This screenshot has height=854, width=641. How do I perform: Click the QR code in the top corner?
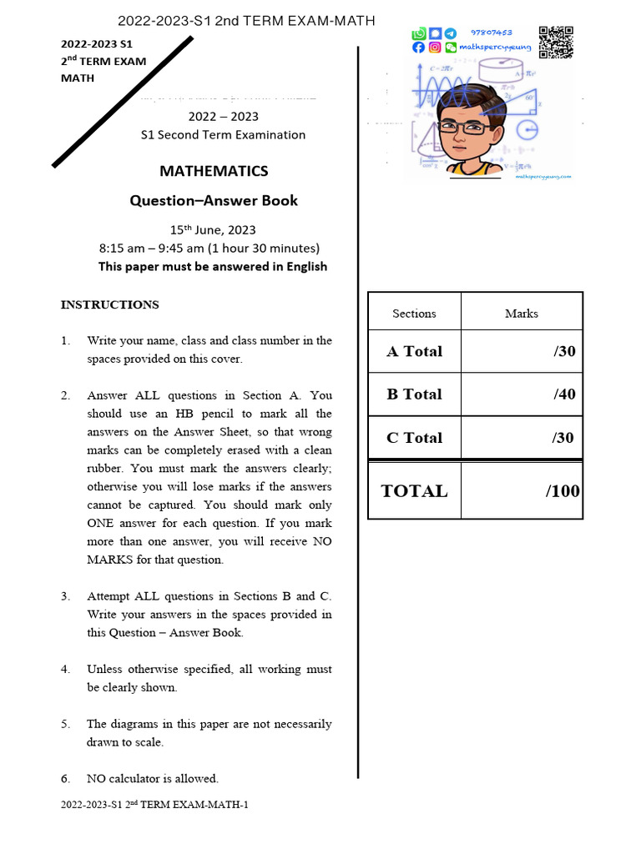tap(555, 42)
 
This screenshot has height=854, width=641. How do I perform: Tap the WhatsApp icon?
tap(419, 33)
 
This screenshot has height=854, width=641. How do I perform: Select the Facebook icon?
tap(419, 48)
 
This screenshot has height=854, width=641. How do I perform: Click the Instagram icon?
tap(435, 48)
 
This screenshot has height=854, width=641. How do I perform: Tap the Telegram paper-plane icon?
tap(451, 33)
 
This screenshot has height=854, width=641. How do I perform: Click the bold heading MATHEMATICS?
tap(214, 171)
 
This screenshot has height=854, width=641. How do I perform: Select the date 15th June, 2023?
tap(213, 229)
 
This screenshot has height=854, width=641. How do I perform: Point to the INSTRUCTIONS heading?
tap(109, 304)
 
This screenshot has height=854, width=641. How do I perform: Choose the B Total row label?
tap(414, 394)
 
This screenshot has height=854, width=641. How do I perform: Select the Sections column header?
tap(414, 314)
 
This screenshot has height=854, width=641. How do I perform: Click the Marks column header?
tap(522, 314)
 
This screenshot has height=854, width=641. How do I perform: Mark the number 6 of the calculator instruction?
tap(65, 778)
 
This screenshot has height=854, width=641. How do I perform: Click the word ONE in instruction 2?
tap(103, 523)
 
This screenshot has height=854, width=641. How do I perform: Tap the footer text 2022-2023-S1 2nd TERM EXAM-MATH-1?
tap(154, 805)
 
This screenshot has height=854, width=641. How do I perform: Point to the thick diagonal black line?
tap(123, 102)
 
